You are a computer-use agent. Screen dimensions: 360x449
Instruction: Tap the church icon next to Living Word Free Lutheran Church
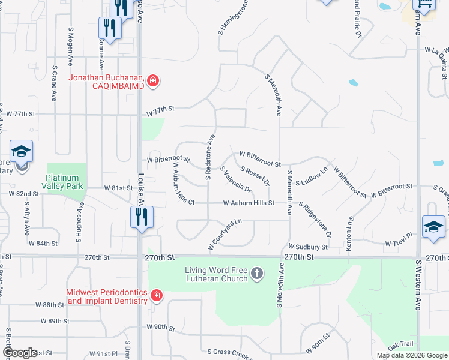(256, 274)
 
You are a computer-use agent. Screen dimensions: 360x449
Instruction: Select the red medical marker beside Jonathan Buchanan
(153, 81)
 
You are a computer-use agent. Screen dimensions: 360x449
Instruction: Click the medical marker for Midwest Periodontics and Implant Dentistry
(156, 295)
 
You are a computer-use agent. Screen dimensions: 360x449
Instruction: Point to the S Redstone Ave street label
(211, 157)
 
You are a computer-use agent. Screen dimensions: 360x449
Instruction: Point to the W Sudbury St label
(308, 247)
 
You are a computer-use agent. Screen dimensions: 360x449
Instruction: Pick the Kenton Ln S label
(348, 235)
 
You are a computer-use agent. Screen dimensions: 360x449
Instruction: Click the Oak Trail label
(401, 346)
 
